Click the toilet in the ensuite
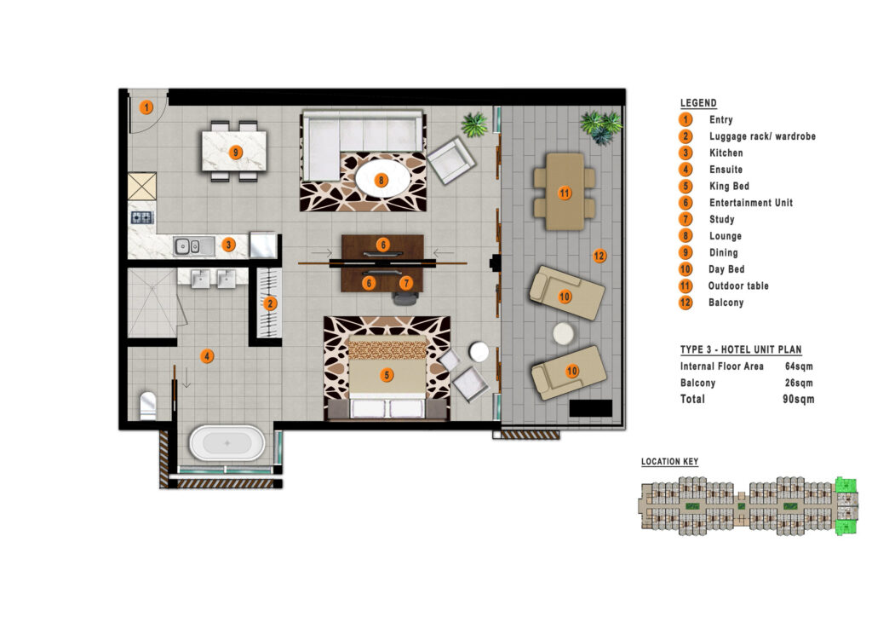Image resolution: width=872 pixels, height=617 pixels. click(148, 406)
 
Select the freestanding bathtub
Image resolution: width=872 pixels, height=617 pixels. click(227, 443)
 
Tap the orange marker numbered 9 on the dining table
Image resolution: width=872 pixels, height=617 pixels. click(236, 152)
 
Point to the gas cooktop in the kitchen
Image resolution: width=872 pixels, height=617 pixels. click(142, 217)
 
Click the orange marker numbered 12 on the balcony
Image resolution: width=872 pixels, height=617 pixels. click(599, 256)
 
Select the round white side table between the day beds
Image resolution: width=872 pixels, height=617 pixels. click(564, 334)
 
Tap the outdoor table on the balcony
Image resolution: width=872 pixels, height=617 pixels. click(565, 192)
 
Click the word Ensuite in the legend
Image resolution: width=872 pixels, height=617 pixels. click(726, 169)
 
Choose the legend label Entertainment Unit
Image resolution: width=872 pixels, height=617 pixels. click(751, 203)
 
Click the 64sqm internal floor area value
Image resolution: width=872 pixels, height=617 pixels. click(799, 366)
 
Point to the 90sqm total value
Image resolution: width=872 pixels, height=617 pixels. click(798, 399)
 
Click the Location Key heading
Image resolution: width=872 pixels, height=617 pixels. click(669, 461)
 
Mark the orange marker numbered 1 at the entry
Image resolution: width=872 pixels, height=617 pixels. click(146, 107)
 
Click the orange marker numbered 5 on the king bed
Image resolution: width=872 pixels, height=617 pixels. click(387, 375)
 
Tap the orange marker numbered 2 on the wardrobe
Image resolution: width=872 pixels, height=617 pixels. click(270, 303)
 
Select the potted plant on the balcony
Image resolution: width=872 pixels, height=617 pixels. click(600, 127)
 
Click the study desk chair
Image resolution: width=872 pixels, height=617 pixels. click(404, 298)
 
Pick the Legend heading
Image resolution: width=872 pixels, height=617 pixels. click(698, 103)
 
